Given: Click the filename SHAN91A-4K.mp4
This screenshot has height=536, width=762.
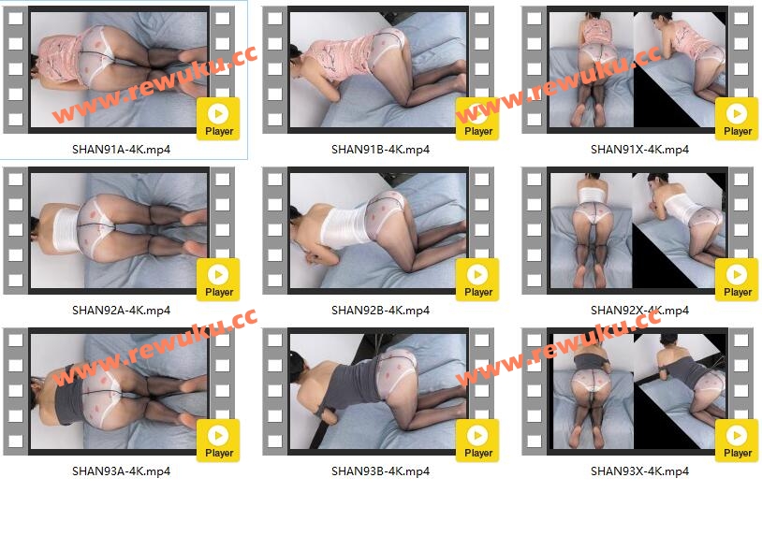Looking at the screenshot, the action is click(121, 150).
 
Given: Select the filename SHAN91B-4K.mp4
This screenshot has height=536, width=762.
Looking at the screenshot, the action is click(380, 150).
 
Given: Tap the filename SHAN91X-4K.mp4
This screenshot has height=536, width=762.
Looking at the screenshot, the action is click(639, 150).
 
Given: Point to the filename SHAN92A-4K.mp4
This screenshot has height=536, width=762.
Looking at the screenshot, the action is click(121, 311).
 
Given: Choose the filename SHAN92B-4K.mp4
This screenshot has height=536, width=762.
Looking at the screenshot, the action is click(380, 311).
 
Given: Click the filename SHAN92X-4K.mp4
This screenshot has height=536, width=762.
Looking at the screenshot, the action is click(639, 311).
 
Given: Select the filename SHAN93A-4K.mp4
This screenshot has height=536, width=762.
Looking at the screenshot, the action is click(121, 471).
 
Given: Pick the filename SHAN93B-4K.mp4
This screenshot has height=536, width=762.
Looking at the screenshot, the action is click(380, 471).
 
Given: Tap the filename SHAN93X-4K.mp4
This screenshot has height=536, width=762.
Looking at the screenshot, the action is click(639, 471).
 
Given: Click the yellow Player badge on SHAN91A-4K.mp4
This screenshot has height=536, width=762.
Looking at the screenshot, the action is click(218, 119).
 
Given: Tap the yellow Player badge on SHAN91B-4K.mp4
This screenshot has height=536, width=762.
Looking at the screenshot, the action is click(477, 119).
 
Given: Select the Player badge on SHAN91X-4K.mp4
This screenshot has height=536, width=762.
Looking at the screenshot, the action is click(737, 119).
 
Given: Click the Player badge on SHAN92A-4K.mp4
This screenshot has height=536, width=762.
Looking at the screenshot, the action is click(218, 280).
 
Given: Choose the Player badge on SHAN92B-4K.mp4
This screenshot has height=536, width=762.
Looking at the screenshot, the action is click(477, 280).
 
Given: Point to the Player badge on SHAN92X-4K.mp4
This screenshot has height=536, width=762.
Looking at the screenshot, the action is click(737, 280).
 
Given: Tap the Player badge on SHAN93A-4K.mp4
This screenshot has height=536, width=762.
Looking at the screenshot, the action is click(218, 441).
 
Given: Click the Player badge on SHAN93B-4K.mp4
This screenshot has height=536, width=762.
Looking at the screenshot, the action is click(477, 441).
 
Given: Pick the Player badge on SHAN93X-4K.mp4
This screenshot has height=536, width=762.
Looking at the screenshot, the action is click(737, 441).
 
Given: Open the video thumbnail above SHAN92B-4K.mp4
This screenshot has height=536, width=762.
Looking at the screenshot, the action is click(378, 231).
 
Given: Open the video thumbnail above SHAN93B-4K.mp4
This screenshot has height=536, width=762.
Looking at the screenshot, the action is click(378, 391).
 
